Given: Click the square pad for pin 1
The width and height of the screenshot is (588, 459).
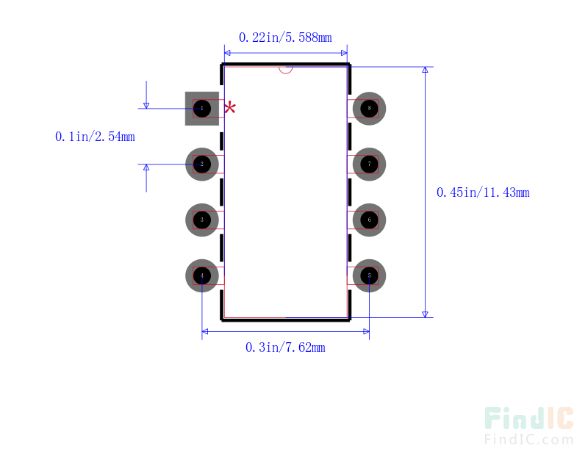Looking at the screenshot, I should pos(202,109).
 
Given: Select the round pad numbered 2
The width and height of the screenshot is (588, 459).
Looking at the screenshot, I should pos(202,165).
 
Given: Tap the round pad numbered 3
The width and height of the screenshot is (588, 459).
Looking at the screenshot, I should pos(202,220).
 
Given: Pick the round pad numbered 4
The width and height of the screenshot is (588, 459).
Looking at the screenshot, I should pos(202,275).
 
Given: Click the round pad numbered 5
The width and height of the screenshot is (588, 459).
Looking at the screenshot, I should pos(369,275).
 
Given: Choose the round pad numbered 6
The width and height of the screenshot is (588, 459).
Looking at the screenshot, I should pos(369,220).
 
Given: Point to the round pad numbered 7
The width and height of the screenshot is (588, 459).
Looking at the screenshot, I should pos(369,165).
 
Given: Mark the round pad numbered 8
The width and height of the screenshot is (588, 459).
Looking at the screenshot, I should pos(369,109).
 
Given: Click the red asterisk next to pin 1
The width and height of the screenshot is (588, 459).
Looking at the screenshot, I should pos(230,108).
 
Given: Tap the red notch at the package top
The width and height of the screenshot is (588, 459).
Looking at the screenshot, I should pos(286,70).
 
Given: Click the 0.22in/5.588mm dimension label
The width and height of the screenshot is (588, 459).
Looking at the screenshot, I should pos(285,37).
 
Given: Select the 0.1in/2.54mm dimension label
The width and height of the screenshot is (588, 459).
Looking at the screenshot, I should pos(95,137).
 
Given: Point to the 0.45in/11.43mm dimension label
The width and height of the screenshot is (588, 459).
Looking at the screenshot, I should pos(483,192).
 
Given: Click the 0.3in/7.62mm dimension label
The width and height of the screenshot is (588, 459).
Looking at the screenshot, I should pos(285,347).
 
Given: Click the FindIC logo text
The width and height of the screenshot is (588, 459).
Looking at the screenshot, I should pos(528,419).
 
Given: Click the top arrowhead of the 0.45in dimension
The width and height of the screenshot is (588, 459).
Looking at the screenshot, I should pos(425,71).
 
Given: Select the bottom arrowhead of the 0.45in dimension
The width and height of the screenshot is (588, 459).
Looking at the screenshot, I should pos(425,314).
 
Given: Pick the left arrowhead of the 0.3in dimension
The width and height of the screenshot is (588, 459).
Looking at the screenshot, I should pos(207,332).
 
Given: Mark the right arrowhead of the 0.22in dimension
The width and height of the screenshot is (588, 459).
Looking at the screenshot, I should pos(343,53).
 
